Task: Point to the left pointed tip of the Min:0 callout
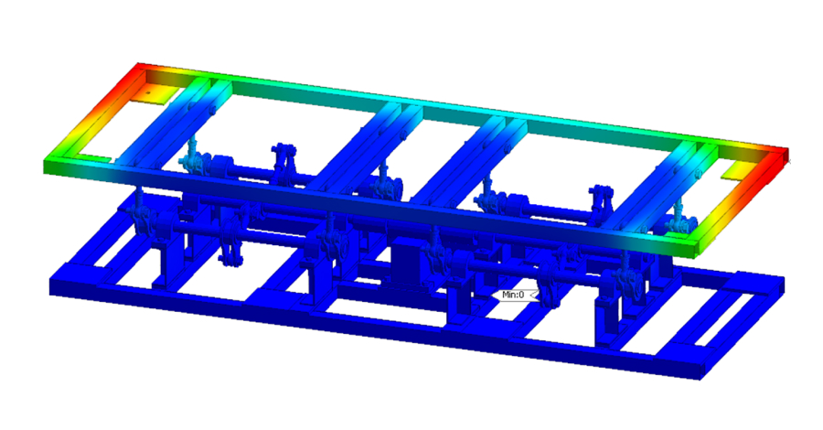coord(492,296)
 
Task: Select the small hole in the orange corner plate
coord(148,92)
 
